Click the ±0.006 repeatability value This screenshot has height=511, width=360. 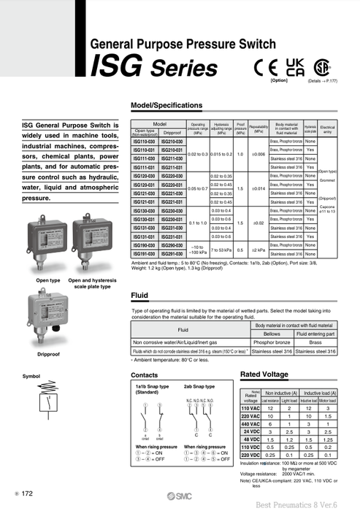click(x=258, y=155)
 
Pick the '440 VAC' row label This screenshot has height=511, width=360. click(x=251, y=423)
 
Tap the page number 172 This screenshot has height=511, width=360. click(x=27, y=494)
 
